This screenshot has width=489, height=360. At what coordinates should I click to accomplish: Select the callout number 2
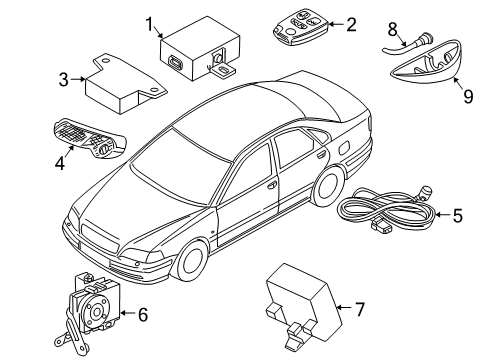(x=350, y=23)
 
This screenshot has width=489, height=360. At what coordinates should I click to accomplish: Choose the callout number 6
(x=142, y=314)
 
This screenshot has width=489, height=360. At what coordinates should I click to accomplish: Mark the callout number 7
(x=361, y=310)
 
